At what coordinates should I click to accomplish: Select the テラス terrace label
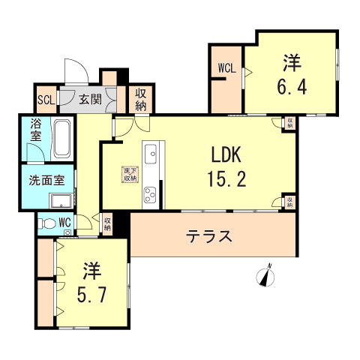(208, 236)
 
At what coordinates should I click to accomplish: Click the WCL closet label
(226, 68)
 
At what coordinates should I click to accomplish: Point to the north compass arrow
(265, 277)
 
